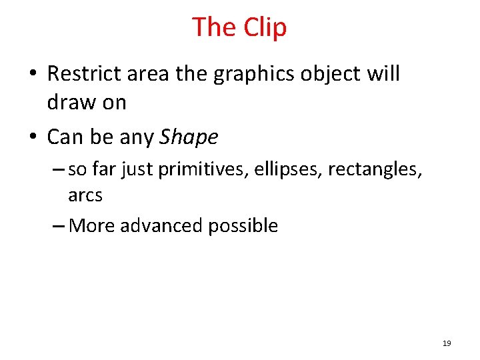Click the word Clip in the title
click(265, 27)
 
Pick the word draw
click(67, 102)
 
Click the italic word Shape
click(189, 137)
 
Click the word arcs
click(85, 195)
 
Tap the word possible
click(243, 225)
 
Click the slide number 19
click(447, 343)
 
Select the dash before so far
click(58, 170)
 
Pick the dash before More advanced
click(58, 226)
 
